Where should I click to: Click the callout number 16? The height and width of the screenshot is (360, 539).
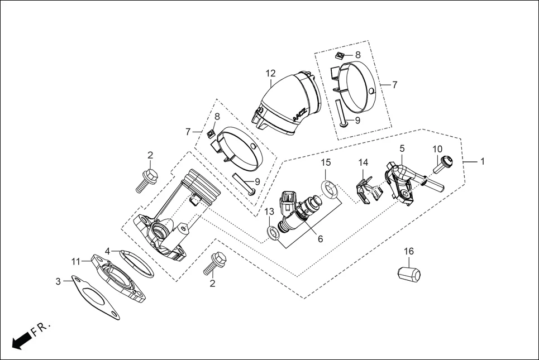click(409, 252)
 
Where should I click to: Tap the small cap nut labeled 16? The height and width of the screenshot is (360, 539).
click(409, 273)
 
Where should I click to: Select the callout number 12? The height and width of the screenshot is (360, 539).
click(271, 73)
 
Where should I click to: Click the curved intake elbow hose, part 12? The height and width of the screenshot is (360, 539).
click(285, 106)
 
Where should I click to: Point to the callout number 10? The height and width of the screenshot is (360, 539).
click(437, 149)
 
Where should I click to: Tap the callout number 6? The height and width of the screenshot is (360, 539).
click(320, 238)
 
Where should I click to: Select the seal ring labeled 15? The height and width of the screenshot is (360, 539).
click(330, 189)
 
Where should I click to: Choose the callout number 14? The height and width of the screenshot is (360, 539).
click(364, 162)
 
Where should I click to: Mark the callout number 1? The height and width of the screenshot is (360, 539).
click(483, 161)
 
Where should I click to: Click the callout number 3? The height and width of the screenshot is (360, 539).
click(58, 282)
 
